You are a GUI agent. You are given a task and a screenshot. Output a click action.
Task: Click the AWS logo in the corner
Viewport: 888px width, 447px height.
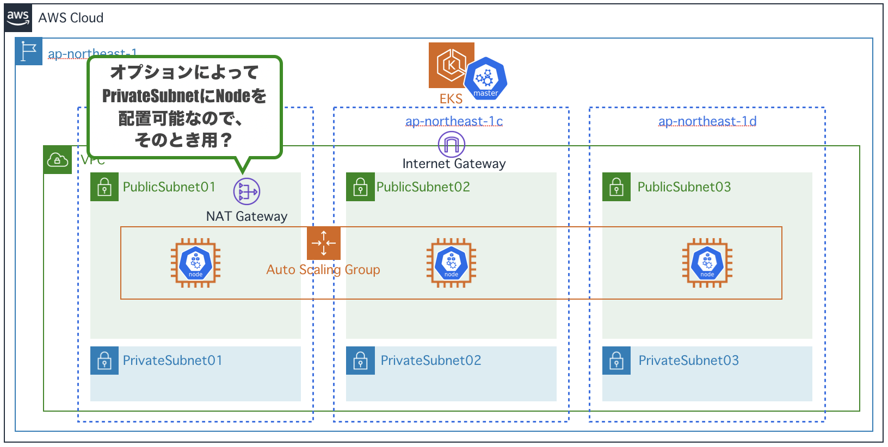click(18, 18)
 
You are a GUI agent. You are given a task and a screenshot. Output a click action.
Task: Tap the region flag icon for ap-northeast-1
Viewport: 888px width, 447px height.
click(28, 52)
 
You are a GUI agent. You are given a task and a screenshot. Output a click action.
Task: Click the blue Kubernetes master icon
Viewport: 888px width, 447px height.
click(485, 79)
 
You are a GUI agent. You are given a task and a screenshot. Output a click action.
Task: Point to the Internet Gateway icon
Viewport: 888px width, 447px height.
click(452, 145)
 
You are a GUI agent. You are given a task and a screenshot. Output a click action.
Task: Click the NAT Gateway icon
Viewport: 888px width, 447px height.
click(246, 191)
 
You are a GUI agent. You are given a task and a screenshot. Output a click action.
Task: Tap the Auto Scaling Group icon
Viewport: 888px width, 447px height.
click(324, 243)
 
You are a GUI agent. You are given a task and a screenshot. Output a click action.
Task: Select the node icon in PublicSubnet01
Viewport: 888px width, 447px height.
click(195, 263)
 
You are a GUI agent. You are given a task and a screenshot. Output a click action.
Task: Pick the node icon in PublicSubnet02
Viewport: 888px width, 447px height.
click(451, 263)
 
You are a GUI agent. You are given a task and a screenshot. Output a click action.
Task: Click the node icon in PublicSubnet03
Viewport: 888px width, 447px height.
click(707, 263)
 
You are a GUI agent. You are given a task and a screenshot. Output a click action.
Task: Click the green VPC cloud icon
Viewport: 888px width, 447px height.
click(58, 160)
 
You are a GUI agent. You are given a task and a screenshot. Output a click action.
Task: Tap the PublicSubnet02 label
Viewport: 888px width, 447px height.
click(423, 187)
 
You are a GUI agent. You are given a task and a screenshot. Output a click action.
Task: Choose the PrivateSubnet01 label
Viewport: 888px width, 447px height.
click(172, 361)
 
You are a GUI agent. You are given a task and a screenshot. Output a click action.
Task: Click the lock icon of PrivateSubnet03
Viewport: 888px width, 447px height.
click(616, 361)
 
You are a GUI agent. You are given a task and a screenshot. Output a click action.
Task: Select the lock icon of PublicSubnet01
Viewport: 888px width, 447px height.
click(104, 187)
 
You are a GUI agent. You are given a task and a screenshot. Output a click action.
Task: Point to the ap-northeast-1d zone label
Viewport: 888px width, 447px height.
click(707, 121)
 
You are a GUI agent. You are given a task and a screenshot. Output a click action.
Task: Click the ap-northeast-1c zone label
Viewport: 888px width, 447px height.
click(454, 121)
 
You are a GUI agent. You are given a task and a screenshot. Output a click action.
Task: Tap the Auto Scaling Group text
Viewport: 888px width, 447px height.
click(323, 270)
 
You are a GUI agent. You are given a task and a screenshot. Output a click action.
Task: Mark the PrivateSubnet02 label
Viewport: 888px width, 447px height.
click(431, 361)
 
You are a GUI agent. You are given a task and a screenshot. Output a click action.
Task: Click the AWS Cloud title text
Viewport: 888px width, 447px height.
click(71, 18)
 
